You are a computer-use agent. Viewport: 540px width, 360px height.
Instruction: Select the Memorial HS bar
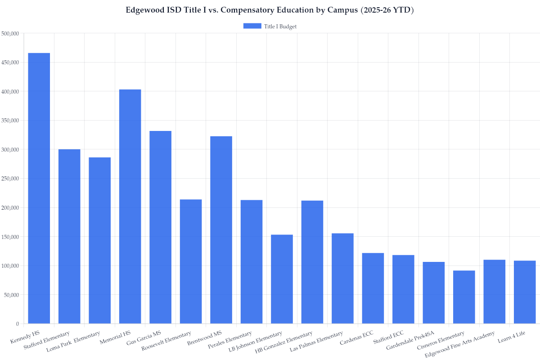(x=130, y=207)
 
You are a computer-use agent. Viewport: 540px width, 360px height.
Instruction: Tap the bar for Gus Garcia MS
(x=160, y=227)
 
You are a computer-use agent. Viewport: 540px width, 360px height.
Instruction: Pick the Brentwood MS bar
(x=221, y=230)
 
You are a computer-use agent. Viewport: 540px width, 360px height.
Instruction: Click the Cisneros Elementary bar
(x=464, y=297)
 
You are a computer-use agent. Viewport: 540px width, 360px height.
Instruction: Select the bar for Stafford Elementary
(x=69, y=236)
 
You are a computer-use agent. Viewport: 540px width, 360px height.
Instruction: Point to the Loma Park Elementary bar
(x=99, y=240)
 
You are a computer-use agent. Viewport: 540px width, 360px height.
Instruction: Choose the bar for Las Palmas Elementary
(x=342, y=279)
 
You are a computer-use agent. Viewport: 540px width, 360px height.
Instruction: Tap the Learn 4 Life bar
(x=525, y=292)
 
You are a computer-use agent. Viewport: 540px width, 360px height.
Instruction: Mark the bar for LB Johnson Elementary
(x=282, y=279)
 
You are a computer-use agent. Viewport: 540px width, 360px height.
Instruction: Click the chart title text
(x=270, y=10)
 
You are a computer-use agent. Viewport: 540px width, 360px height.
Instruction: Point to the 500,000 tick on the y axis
(x=10, y=33)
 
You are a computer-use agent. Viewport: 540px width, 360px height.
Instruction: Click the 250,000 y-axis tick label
(x=10, y=179)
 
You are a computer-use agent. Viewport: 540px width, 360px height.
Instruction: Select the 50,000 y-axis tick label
(x=11, y=295)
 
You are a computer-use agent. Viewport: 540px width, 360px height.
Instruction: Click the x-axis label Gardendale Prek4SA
(x=409, y=341)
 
